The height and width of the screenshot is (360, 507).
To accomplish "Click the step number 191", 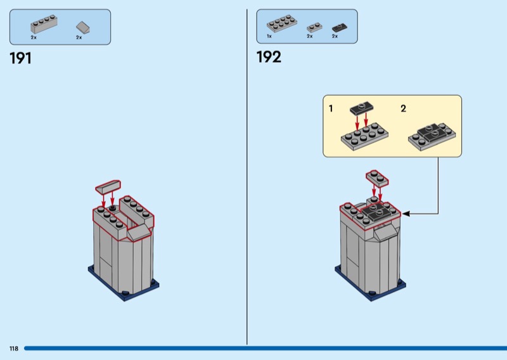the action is click(x=21, y=58).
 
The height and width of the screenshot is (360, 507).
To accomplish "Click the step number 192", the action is click(x=269, y=57).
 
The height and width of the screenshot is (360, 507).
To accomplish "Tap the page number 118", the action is click(x=14, y=349).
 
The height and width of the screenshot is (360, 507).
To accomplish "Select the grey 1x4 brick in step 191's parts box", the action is click(x=44, y=23).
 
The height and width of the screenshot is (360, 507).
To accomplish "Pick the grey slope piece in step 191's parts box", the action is click(x=83, y=27).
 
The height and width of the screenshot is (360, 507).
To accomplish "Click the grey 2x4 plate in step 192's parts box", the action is click(x=282, y=23).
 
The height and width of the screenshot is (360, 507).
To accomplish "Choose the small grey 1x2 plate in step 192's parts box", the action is click(x=314, y=27).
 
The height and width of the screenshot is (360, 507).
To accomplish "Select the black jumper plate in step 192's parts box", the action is click(x=340, y=28).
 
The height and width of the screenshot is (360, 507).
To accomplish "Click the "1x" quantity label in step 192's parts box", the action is click(x=269, y=37).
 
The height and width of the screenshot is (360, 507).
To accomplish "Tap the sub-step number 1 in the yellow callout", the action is click(x=331, y=108).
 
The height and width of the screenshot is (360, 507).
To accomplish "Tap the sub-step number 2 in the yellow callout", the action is click(x=403, y=108).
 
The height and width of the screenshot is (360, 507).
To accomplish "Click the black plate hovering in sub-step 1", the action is click(x=362, y=108).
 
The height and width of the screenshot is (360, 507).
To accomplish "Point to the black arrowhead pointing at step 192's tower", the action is click(x=406, y=214).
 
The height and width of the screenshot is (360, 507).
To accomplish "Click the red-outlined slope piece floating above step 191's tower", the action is click(x=108, y=187).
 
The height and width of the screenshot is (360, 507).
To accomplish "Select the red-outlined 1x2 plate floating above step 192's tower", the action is click(x=377, y=178).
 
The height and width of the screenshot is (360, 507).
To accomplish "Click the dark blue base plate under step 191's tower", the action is click(x=124, y=287).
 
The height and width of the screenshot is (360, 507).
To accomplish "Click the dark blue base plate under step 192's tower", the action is click(x=371, y=287).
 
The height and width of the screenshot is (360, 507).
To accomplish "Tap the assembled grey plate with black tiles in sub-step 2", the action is click(x=432, y=136).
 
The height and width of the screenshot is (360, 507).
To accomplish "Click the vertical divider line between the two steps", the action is click(x=247, y=177).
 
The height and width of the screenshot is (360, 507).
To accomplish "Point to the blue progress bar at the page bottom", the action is click(x=266, y=349).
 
